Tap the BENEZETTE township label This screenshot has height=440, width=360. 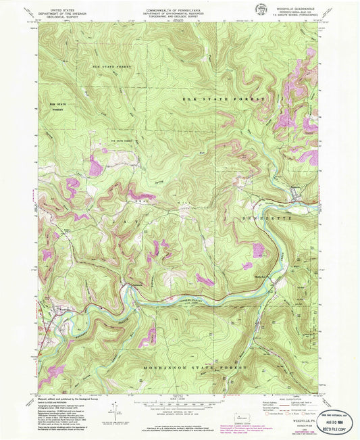click(x=259, y=220)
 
